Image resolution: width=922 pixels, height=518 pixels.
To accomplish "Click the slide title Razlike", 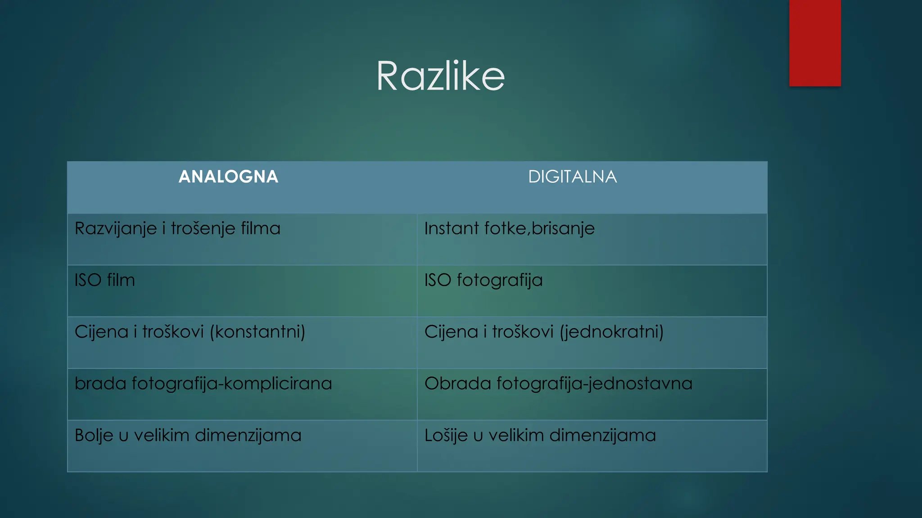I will pos(440,76).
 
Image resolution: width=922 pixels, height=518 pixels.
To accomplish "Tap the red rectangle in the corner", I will pos(815,43).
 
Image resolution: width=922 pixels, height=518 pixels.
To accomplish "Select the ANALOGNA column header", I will pos(228,177).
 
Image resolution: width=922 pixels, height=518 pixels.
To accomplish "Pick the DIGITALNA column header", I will pos(572,177).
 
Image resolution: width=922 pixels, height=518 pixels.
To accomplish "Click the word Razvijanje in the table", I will pos(116,229).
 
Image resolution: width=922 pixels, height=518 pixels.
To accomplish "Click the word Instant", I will pos(452,228).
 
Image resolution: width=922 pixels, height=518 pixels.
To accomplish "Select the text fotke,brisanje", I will pos(539,229).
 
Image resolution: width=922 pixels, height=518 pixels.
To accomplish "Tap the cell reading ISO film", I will pos(105,280).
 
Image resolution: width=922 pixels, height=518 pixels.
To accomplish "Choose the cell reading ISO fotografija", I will pos(484,281).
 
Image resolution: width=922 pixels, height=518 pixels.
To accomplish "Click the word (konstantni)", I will pos(258,332).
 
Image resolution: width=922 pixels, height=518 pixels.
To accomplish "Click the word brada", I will pos(100,384).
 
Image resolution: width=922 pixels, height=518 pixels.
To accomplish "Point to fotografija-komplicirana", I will pos(232,384).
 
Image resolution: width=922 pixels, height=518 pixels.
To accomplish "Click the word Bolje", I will pos(94,436).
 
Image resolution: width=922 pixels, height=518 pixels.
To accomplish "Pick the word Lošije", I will pos(446,436).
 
